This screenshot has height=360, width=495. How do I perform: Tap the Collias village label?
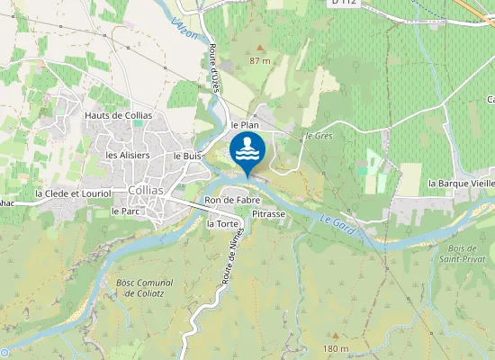coord(146,191)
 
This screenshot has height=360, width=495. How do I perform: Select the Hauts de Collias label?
coord(119,116)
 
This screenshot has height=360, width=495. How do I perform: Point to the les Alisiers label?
coord(128,155)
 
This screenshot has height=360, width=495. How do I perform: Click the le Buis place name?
coord(186,156)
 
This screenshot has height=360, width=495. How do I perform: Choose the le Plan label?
coord(245,125)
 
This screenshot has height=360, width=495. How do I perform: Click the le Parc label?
coord(125,211)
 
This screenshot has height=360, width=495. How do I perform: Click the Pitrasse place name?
coord(268,215)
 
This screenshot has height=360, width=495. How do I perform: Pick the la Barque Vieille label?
coord(461,183)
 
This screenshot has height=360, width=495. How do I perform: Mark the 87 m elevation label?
coord(260,60)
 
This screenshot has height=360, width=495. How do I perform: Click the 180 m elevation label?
coord(335,348)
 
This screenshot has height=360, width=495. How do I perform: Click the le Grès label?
coord(319,136)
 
